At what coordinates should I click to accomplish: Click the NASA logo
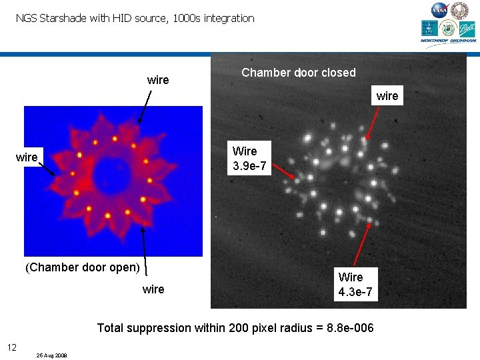point(440,10)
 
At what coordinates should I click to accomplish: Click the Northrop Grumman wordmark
point(448,41)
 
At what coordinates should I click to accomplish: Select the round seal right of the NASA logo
point(460,10)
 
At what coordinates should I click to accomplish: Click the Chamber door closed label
point(299,73)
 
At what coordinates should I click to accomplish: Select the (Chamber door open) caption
point(83,267)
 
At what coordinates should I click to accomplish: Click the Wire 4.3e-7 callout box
point(355,285)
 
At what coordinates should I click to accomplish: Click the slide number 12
point(12,347)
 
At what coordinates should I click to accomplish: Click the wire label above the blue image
point(158,80)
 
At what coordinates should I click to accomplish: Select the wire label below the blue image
point(153,289)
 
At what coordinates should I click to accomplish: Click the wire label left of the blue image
point(27,157)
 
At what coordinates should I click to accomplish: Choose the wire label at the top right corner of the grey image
point(387,96)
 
